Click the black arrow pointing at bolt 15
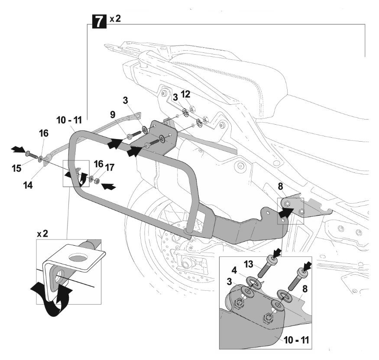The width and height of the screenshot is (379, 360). [19, 149]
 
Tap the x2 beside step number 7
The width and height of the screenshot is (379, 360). [115, 19]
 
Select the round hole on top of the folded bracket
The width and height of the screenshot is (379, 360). [79, 258]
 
